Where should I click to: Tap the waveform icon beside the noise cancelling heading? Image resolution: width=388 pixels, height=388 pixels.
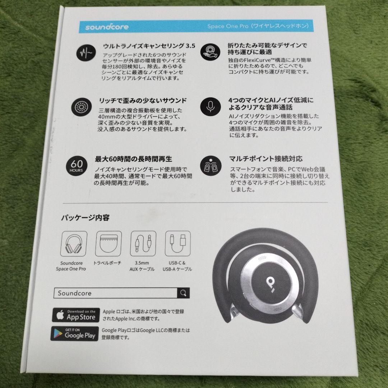[x=86, y=54]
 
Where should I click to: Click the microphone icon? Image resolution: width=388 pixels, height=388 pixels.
[x=211, y=105]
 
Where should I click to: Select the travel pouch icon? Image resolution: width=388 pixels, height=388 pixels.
[x=109, y=244]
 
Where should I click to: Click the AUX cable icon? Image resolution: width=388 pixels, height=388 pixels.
[x=143, y=244]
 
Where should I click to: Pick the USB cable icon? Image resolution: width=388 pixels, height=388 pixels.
[x=177, y=243]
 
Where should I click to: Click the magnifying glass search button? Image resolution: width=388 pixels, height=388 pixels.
[x=183, y=293]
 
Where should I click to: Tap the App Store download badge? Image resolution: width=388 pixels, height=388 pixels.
[x=75, y=315]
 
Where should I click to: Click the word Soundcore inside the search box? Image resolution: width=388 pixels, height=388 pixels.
[x=75, y=293]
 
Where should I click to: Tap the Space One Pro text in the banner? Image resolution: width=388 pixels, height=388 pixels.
[x=228, y=27]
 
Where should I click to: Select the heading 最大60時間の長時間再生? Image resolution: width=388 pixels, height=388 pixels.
[x=134, y=158]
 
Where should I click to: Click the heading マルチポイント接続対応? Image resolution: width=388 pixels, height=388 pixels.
[x=265, y=158]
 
